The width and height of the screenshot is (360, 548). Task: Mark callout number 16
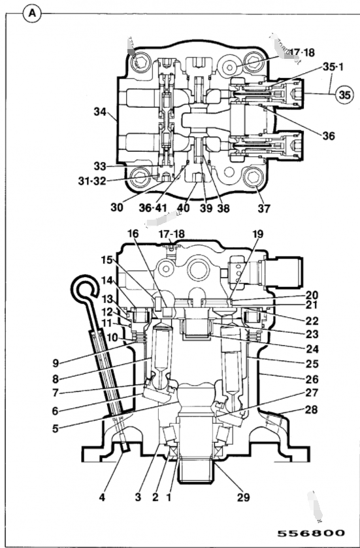coord(133,232)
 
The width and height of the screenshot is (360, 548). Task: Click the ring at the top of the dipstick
coord(82,283)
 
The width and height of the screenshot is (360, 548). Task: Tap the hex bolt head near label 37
coord(252,179)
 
